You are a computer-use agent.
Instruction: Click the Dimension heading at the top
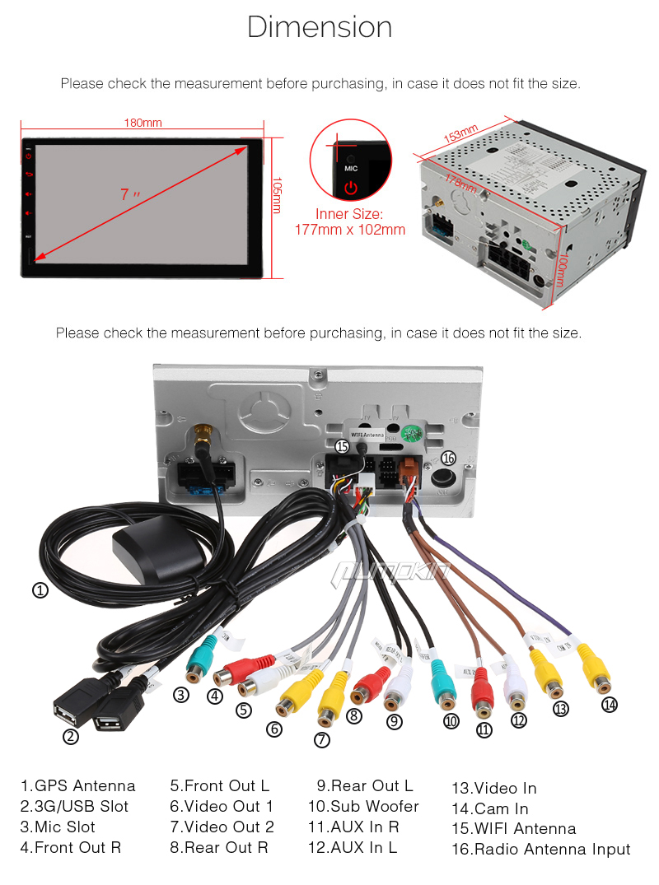(320, 27)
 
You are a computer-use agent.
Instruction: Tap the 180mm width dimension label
(143, 123)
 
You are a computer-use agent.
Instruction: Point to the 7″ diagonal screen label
(130, 195)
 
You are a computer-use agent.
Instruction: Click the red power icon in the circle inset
(351, 187)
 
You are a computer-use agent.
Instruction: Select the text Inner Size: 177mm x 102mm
(350, 222)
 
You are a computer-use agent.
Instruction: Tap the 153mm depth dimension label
(460, 135)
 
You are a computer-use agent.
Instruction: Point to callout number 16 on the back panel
(448, 458)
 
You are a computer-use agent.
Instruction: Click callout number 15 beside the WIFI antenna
(343, 446)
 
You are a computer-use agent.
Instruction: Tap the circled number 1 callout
(40, 589)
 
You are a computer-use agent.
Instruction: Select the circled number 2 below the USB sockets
(71, 737)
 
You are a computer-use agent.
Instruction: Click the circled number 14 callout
(610, 704)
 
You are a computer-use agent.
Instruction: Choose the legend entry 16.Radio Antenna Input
(540, 850)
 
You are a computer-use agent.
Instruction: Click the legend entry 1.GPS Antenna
(77, 785)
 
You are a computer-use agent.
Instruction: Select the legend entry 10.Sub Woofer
(363, 807)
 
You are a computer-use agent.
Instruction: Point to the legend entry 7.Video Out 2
(222, 827)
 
